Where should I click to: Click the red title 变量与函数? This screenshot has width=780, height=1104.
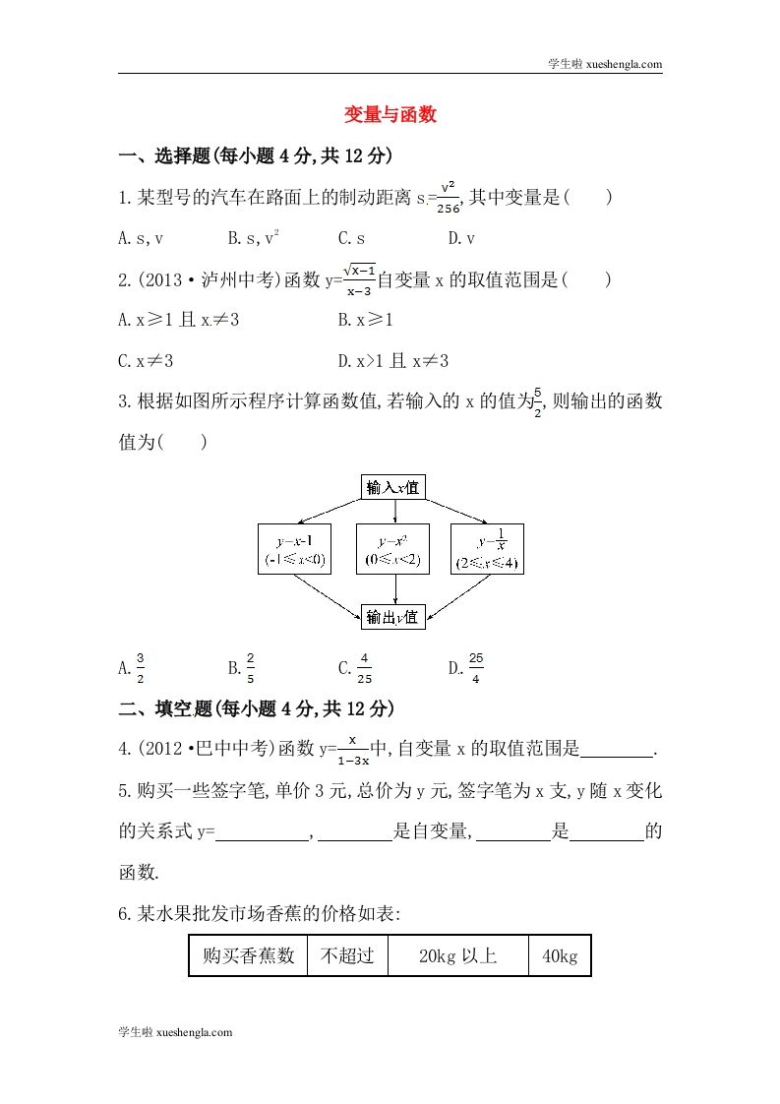pos(390,115)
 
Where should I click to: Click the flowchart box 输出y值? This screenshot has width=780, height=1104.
pos(392,617)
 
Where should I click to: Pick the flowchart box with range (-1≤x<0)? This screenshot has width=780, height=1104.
pos(294,549)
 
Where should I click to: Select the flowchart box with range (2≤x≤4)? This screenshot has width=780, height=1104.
pos(486,549)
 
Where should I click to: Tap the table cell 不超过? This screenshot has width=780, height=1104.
pos(341,955)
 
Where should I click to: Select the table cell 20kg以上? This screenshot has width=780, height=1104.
pos(457,955)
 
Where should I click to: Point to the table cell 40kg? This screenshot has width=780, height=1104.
pos(559,955)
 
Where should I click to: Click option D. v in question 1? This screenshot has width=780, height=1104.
pos(461,237)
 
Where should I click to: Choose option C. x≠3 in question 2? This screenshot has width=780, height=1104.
pos(146,361)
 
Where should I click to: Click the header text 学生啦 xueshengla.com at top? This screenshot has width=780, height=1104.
pos(604,65)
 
